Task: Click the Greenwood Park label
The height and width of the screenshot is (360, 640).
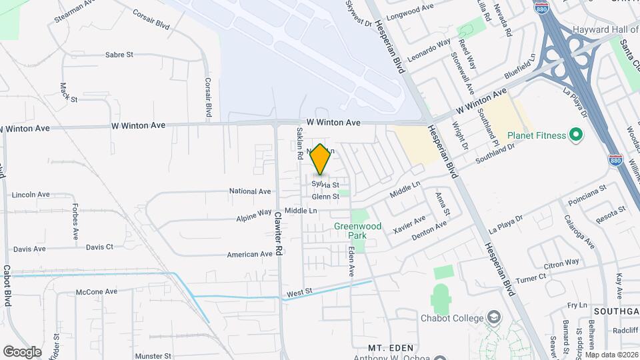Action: click(x=358, y=231)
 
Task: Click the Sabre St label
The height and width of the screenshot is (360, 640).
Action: click(x=119, y=55)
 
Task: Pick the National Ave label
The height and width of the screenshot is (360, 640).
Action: click(x=250, y=191)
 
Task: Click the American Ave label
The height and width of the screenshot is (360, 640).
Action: click(x=250, y=254)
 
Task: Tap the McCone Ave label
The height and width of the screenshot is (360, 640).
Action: click(x=97, y=291)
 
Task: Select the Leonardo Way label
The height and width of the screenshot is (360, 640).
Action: click(x=429, y=50)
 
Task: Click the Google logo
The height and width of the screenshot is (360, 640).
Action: click(x=22, y=351)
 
